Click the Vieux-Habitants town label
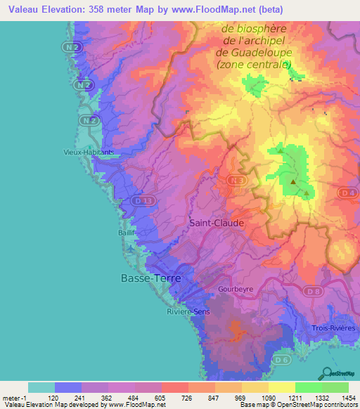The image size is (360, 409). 87,151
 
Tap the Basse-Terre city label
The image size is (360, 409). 150,278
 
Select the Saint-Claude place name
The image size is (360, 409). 217,223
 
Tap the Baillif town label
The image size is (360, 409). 127,232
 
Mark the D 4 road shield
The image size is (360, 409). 347,192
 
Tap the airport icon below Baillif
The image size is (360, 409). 129,248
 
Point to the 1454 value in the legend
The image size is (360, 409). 347,397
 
